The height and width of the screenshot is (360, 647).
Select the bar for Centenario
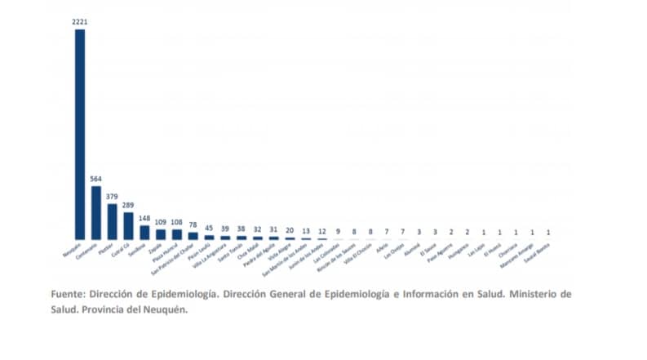tap(96, 212)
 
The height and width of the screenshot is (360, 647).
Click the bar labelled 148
tap(144, 232)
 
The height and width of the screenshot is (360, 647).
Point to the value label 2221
tap(80, 22)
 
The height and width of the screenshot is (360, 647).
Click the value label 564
tap(96, 179)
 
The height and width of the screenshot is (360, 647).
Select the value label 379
tap(113, 197)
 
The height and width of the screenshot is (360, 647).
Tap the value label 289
tap(128, 206)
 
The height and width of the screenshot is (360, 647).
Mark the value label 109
tap(161, 222)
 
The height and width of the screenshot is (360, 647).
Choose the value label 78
tap(193, 225)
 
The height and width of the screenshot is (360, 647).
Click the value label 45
tap(209, 229)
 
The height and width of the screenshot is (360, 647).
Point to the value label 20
tap(290, 231)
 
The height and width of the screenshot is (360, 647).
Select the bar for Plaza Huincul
tap(176, 233)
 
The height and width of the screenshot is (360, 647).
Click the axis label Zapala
tap(154, 245)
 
